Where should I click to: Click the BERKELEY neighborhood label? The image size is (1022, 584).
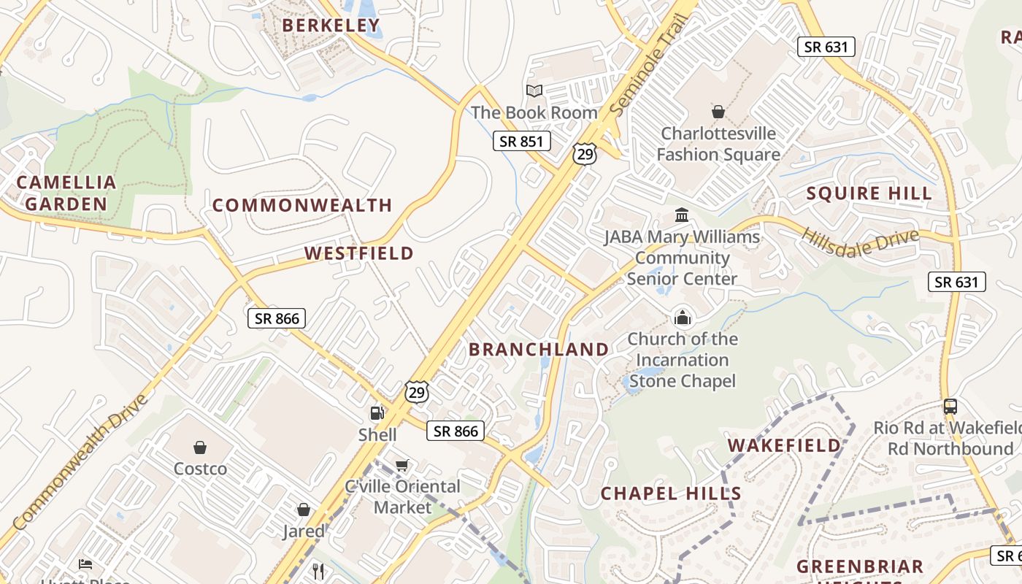click(x=331, y=26)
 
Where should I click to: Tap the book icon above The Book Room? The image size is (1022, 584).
click(x=534, y=91)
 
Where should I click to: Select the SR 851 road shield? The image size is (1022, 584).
click(x=521, y=141)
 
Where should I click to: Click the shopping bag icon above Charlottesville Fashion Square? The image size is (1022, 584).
click(x=718, y=112)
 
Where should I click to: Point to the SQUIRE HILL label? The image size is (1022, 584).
click(x=869, y=193)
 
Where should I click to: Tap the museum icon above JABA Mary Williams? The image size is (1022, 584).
click(x=682, y=215)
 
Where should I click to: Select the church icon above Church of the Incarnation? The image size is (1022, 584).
click(x=682, y=318)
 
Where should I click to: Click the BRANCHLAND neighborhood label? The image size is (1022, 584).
click(x=539, y=350)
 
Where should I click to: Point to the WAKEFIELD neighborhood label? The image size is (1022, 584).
click(x=784, y=445)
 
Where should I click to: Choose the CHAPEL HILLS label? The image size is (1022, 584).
click(x=671, y=493)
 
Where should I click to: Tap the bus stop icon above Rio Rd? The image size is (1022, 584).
click(x=950, y=407)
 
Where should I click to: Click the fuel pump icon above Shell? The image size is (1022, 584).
click(x=377, y=413)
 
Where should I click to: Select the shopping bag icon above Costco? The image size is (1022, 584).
click(x=200, y=447)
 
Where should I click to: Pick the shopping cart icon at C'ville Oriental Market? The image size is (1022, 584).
click(x=401, y=465)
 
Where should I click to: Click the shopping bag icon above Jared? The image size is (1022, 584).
click(x=303, y=510)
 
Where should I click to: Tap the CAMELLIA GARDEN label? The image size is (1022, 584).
click(x=66, y=193)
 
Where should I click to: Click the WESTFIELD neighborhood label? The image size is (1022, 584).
click(x=358, y=253)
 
